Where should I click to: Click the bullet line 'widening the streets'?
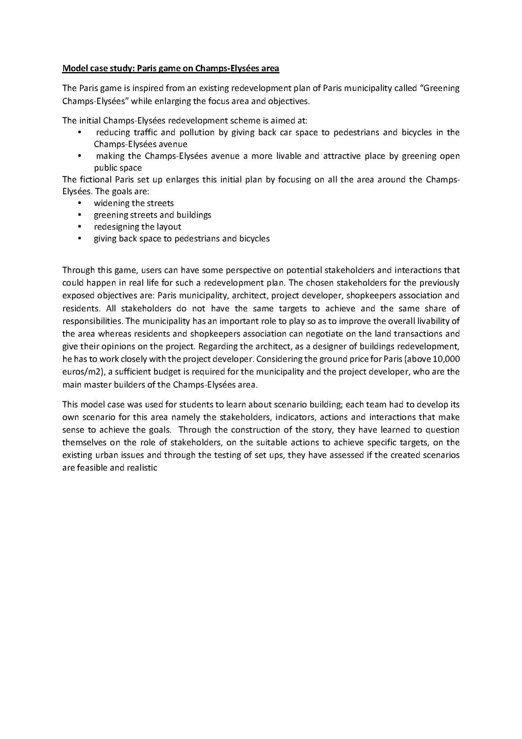[x=134, y=203]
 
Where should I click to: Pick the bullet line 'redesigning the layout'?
[x=137, y=227]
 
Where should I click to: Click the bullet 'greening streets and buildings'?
[x=152, y=215]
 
